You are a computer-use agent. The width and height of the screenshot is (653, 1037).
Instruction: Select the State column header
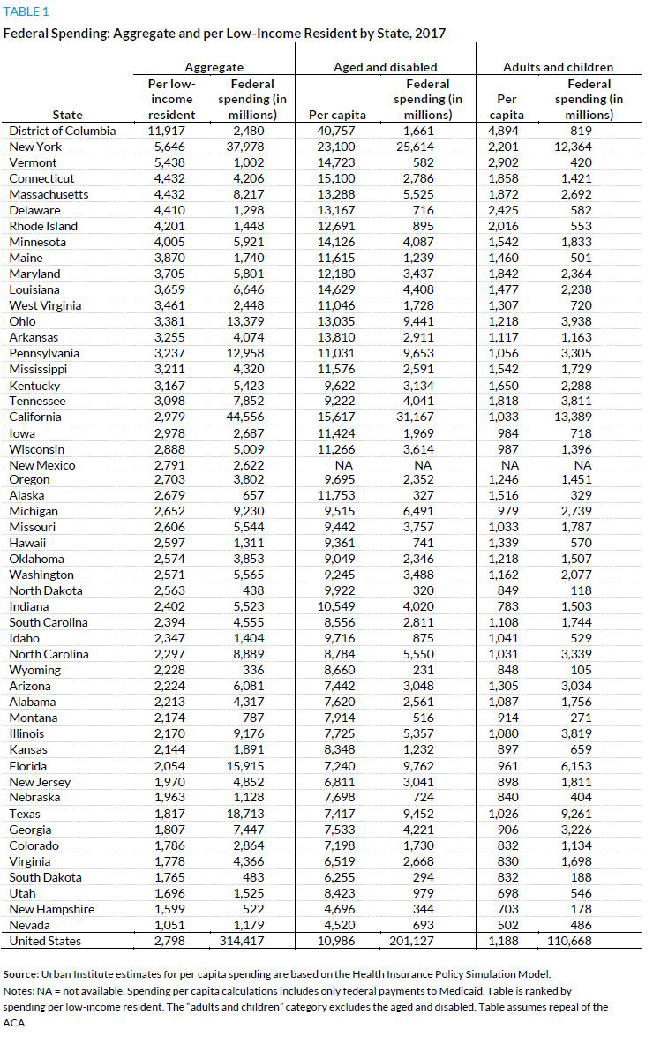68,115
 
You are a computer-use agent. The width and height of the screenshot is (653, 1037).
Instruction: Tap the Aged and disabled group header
385,67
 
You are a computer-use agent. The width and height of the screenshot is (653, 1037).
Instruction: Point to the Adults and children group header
558,67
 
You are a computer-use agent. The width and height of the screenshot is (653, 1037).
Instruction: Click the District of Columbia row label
62,131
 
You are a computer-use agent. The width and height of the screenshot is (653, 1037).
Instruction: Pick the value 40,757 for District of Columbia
333,131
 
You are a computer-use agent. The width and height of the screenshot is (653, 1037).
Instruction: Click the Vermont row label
33,162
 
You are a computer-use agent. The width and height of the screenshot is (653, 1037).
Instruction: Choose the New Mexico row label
42,465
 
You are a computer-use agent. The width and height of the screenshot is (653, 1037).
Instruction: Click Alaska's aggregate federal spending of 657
266,495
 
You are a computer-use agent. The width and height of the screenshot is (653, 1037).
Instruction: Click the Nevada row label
31,925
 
